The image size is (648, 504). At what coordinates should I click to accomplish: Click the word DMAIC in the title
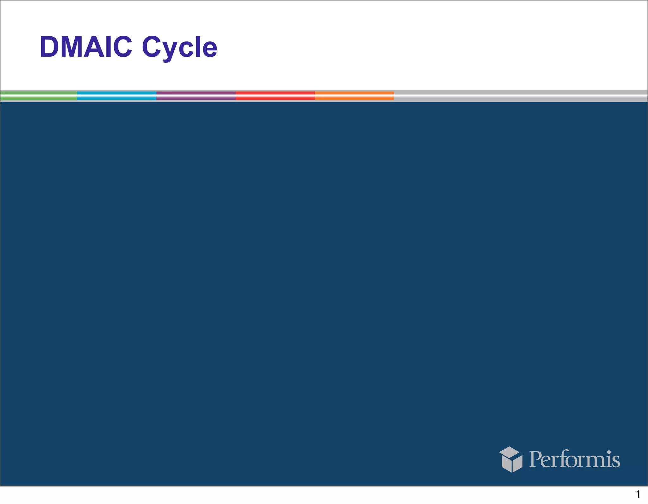85,47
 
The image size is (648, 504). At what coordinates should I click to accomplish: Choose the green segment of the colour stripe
38,96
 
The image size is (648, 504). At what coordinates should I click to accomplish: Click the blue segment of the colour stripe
116,96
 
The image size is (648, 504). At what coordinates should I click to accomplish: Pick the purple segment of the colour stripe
196,96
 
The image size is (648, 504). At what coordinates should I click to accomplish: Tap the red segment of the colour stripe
275,96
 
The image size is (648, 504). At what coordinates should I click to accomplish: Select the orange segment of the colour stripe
354,96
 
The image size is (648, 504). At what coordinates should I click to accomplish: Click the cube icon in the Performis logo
511,459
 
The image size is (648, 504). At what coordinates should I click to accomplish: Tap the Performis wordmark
574,459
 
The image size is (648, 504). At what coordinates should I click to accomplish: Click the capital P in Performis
536,459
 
